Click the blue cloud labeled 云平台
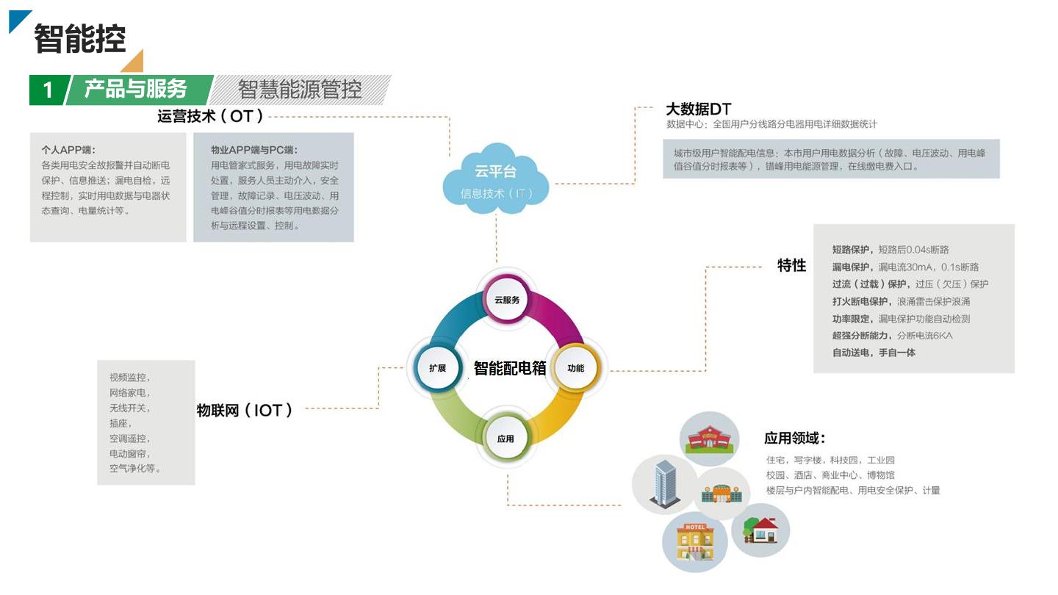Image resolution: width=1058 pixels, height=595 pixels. tap(495, 180)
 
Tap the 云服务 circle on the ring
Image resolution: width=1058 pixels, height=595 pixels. tap(507, 299)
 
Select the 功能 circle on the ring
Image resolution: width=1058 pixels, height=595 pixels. tap(576, 367)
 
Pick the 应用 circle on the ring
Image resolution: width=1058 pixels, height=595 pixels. tap(505, 439)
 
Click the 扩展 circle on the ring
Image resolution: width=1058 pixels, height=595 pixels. tap(437, 367)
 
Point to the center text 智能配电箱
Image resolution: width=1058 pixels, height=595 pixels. tap(510, 368)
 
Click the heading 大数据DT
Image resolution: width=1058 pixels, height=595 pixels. tap(698, 109)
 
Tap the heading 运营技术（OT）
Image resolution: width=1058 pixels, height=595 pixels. tap(211, 116)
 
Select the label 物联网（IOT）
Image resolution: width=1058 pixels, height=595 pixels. tap(245, 411)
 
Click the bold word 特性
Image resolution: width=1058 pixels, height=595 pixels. tap(791, 266)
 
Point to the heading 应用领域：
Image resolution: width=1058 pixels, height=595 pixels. tap(795, 439)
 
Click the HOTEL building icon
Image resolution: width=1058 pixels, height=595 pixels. tap(694, 542)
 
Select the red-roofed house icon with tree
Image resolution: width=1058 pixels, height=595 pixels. tap(760, 529)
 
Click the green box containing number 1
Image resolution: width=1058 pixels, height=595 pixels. tap(48, 90)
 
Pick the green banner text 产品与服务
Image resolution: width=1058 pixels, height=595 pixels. tap(136, 89)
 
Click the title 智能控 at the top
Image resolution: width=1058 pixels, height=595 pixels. tap(80, 38)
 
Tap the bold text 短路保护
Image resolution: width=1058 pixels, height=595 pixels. tap(851, 250)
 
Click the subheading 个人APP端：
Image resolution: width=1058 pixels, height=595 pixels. tap(68, 150)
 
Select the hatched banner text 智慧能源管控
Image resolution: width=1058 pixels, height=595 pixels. tap(300, 90)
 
